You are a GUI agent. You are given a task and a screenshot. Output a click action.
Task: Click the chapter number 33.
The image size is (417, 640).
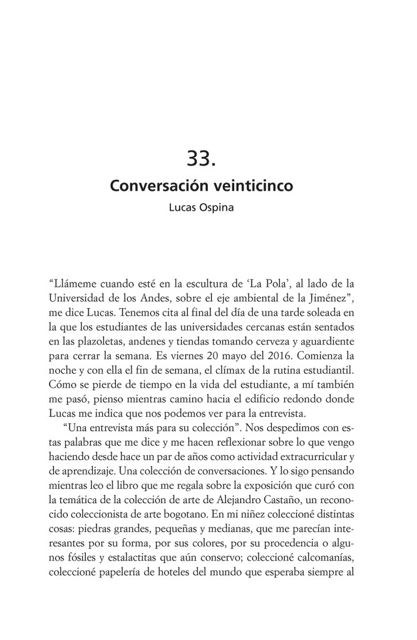pyautogui.click(x=202, y=158)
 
